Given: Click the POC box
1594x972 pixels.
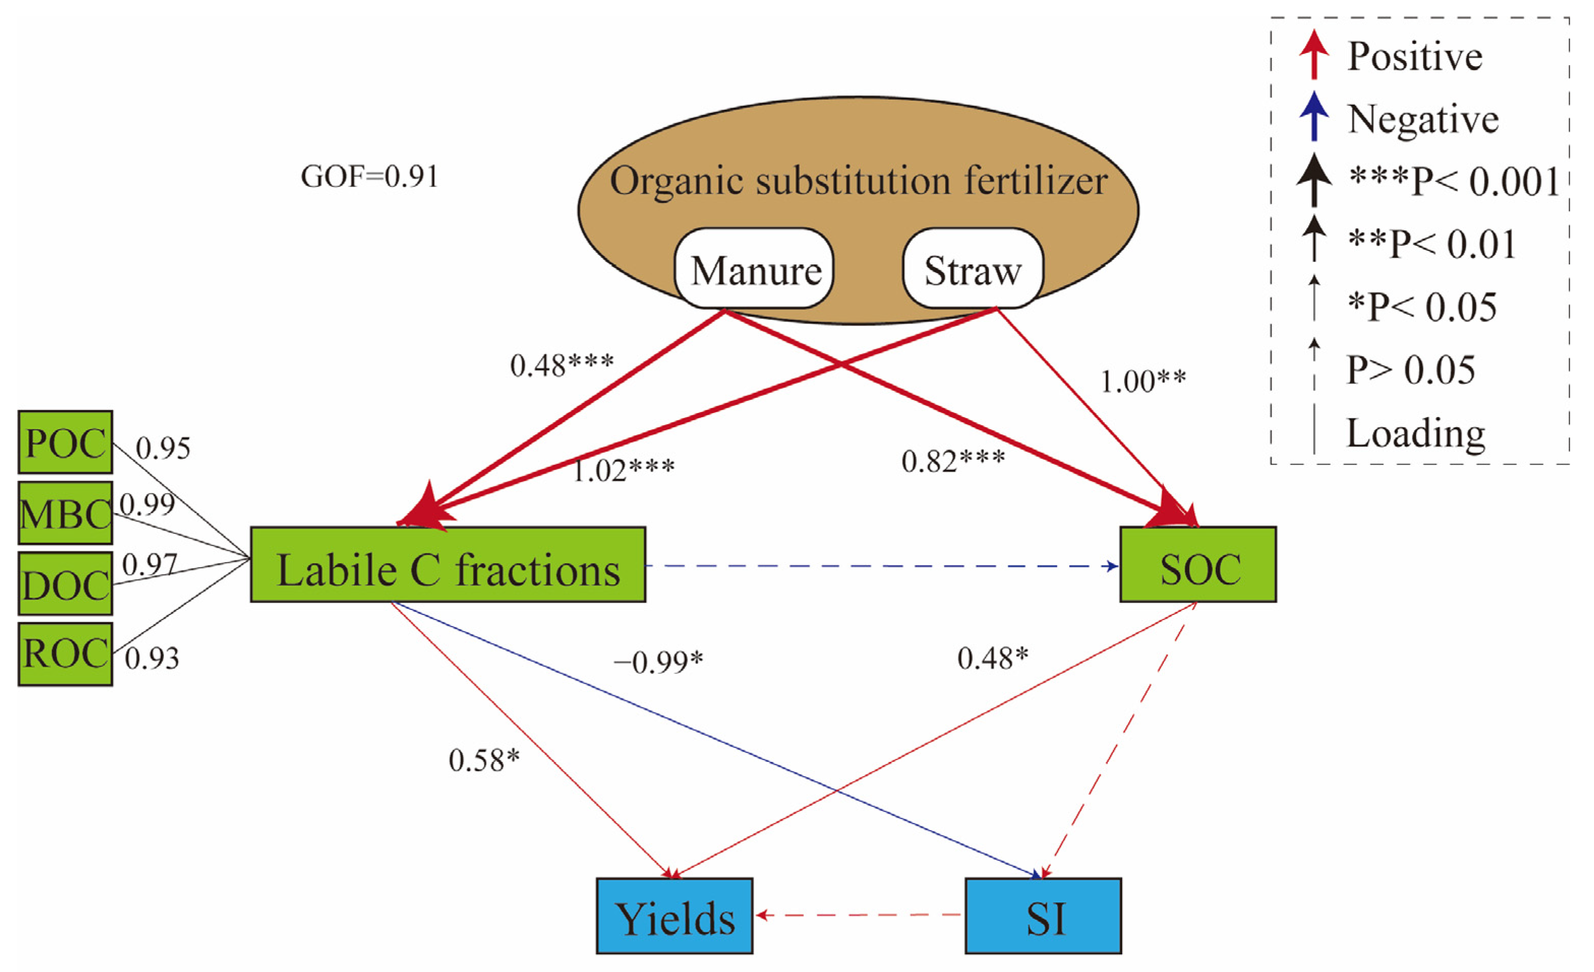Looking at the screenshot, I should click(x=65, y=443).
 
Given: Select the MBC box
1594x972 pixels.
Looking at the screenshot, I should click(x=65, y=514).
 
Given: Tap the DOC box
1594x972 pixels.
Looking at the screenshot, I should click(x=65, y=584).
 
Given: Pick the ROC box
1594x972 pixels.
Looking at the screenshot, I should click(x=65, y=654).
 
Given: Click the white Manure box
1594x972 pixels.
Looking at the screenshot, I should click(x=755, y=269).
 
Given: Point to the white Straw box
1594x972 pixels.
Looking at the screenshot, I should click(x=972, y=269).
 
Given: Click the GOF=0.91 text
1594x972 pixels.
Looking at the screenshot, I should click(x=369, y=176).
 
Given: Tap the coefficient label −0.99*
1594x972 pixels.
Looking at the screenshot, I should click(x=658, y=661).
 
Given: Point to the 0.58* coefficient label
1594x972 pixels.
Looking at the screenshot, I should click(x=484, y=760).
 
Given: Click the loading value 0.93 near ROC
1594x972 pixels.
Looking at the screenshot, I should click(x=152, y=658).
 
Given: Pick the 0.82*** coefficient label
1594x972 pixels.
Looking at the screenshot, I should click(x=953, y=461).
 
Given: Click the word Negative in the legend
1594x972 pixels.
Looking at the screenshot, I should click(x=1423, y=119).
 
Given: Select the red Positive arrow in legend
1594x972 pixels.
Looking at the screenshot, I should click(x=1314, y=55).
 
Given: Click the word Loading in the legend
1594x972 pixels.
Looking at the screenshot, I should click(x=1416, y=433).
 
